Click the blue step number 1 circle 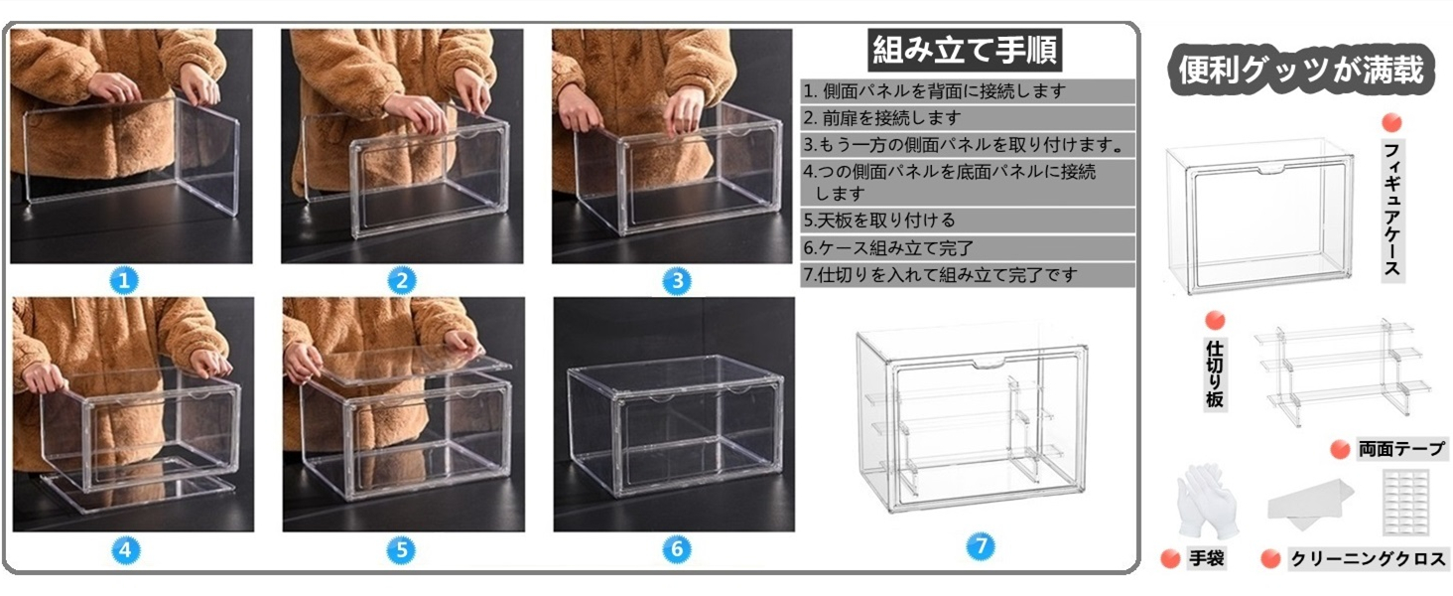(x=123, y=281)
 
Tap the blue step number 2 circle (x=401, y=281)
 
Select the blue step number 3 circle (x=676, y=281)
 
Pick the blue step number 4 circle (x=123, y=549)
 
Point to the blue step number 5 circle (x=401, y=549)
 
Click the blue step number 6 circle (x=676, y=549)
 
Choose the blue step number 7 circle (x=980, y=545)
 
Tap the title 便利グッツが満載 (x=1301, y=70)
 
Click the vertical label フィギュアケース (x=1392, y=210)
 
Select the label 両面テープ (x=1401, y=449)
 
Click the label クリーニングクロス (x=1367, y=559)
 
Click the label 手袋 (x=1207, y=559)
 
